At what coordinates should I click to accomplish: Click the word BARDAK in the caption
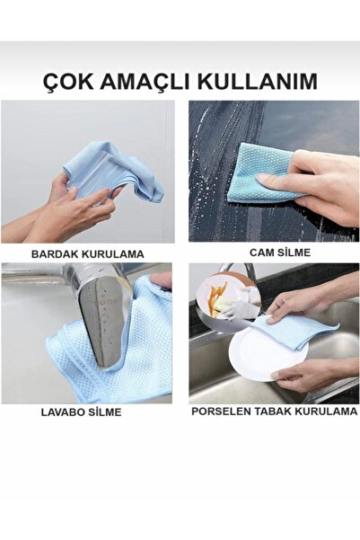tap(56, 254)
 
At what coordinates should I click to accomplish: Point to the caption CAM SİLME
tap(275, 252)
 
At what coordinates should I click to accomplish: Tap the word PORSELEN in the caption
tap(220, 412)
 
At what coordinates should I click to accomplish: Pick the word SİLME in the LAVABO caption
tap(105, 412)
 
